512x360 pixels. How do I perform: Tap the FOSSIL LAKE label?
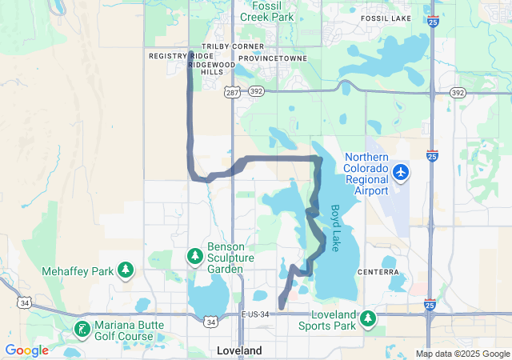point(385,18)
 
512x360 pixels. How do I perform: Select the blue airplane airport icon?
point(401,171)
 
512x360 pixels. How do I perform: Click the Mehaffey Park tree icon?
point(126,270)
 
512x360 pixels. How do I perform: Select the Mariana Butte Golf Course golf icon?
point(82,329)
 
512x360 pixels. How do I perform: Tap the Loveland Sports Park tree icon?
point(368,318)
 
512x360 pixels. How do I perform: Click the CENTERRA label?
point(379,272)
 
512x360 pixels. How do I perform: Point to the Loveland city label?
point(240,350)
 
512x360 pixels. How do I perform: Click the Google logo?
point(27,350)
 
